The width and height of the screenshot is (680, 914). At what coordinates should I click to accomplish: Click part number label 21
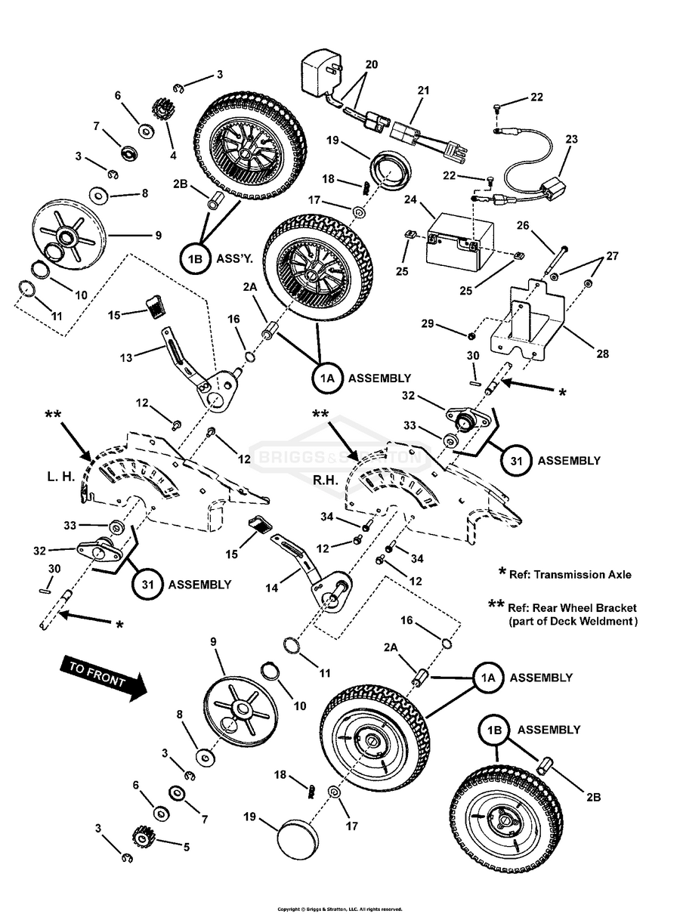[423, 91]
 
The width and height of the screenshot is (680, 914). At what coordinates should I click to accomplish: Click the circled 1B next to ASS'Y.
[194, 259]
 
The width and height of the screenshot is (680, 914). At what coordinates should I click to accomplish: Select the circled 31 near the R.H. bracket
[513, 460]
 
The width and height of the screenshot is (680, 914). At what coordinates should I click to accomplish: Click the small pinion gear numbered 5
[143, 836]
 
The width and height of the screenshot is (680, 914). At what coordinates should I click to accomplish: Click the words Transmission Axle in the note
[586, 575]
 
